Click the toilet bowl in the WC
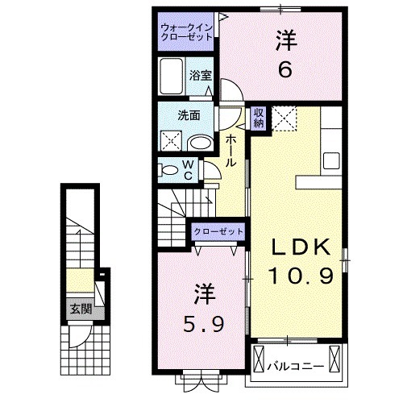click(x=169, y=170)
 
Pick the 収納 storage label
click(x=259, y=118)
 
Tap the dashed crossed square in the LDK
click(x=284, y=119)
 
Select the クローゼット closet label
click(x=218, y=231)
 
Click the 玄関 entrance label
click(x=78, y=309)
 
